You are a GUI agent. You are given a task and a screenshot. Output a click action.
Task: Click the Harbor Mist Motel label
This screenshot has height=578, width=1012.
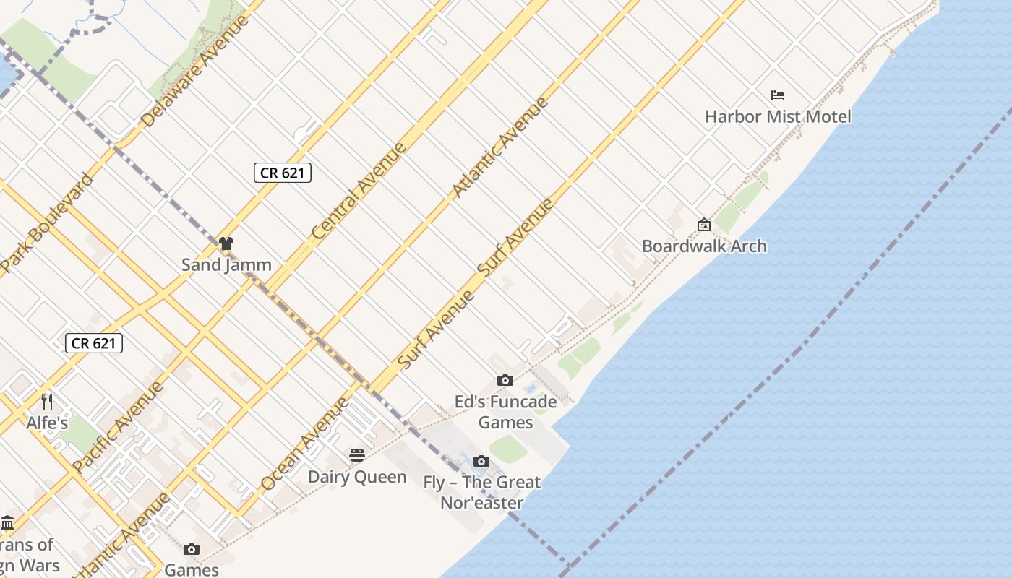pyautogui.click(x=778, y=116)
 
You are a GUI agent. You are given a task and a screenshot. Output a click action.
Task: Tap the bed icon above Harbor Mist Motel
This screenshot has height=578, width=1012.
pyautogui.click(x=778, y=95)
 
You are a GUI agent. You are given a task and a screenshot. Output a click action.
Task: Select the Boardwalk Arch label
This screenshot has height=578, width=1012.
pyautogui.click(x=704, y=246)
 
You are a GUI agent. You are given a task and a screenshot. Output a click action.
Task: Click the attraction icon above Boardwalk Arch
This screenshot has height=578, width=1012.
pyautogui.click(x=704, y=225)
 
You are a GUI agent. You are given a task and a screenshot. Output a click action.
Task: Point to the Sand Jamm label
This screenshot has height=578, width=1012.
pyautogui.click(x=226, y=264)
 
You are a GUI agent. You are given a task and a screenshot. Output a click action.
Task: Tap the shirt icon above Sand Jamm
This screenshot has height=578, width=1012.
pyautogui.click(x=226, y=243)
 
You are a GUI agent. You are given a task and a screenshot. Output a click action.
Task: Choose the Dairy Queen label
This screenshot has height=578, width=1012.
pyautogui.click(x=357, y=477)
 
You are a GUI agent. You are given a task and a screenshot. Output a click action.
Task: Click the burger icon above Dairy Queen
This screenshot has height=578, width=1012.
pyautogui.click(x=357, y=455)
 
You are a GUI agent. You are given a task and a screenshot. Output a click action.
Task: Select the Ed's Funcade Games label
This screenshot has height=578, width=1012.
pyautogui.click(x=506, y=411)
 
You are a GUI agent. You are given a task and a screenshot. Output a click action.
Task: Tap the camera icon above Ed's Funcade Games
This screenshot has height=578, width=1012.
pyautogui.click(x=505, y=381)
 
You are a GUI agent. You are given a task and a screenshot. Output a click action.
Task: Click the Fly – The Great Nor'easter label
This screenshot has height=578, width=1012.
pyautogui.click(x=482, y=492)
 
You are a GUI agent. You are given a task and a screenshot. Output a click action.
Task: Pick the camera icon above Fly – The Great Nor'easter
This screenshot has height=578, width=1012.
pyautogui.click(x=481, y=462)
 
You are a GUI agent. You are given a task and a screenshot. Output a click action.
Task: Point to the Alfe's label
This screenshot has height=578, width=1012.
pyautogui.click(x=47, y=423)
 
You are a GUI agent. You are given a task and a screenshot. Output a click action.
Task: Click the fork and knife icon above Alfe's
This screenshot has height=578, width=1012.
pyautogui.click(x=47, y=401)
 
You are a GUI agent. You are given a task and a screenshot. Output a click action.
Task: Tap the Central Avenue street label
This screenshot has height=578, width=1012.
pyautogui.click(x=359, y=192)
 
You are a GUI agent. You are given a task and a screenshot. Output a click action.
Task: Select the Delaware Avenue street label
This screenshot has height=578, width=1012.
pyautogui.click(x=196, y=71)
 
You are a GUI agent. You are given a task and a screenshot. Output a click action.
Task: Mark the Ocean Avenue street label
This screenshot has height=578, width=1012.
pyautogui.click(x=305, y=444)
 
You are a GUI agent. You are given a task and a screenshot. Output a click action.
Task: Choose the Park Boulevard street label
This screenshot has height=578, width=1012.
pyautogui.click(x=48, y=224)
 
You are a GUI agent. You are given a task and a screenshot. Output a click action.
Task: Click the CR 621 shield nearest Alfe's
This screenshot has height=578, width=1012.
pyautogui.click(x=94, y=343)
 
